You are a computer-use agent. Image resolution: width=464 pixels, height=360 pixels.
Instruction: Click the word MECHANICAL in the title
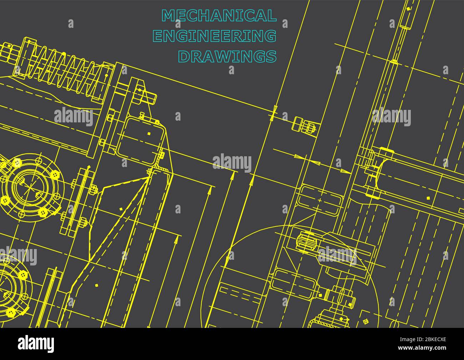(219, 16)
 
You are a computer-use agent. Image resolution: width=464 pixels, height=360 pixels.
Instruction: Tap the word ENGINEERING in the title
(214, 36)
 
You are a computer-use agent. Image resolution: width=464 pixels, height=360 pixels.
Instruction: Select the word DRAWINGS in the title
(227, 56)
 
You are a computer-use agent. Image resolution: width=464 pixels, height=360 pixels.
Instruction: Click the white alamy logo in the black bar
(36, 344)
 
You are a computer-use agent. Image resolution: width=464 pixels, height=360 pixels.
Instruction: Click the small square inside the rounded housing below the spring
(149, 133)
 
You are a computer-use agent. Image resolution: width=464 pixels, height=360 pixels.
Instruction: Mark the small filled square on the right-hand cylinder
(428, 198)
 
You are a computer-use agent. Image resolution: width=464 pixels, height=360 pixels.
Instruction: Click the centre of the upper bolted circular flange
(35, 188)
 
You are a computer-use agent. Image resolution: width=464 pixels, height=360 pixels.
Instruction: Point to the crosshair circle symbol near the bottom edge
(365, 321)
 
